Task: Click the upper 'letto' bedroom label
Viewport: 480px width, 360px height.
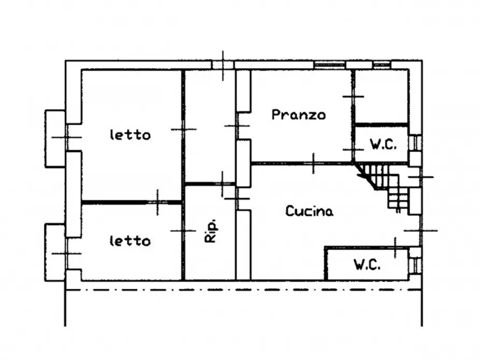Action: (130, 135)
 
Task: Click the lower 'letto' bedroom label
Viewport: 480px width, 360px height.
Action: (130, 241)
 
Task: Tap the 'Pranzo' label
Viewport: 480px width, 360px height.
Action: (298, 115)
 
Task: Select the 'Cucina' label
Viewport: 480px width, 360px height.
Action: (309, 211)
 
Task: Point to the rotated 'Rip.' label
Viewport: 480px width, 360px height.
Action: (210, 231)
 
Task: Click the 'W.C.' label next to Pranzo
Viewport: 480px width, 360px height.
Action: (383, 144)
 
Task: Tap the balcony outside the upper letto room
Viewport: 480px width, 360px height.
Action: (55, 138)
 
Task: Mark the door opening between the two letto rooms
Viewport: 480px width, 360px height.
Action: (158, 202)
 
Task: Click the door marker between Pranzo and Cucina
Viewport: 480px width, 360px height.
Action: (314, 163)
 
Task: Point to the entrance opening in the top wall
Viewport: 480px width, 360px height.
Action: (223, 64)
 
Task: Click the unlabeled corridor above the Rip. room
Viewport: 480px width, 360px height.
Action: (210, 126)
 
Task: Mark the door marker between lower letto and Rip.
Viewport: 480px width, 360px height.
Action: (183, 231)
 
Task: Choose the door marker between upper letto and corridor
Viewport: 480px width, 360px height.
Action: (183, 129)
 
